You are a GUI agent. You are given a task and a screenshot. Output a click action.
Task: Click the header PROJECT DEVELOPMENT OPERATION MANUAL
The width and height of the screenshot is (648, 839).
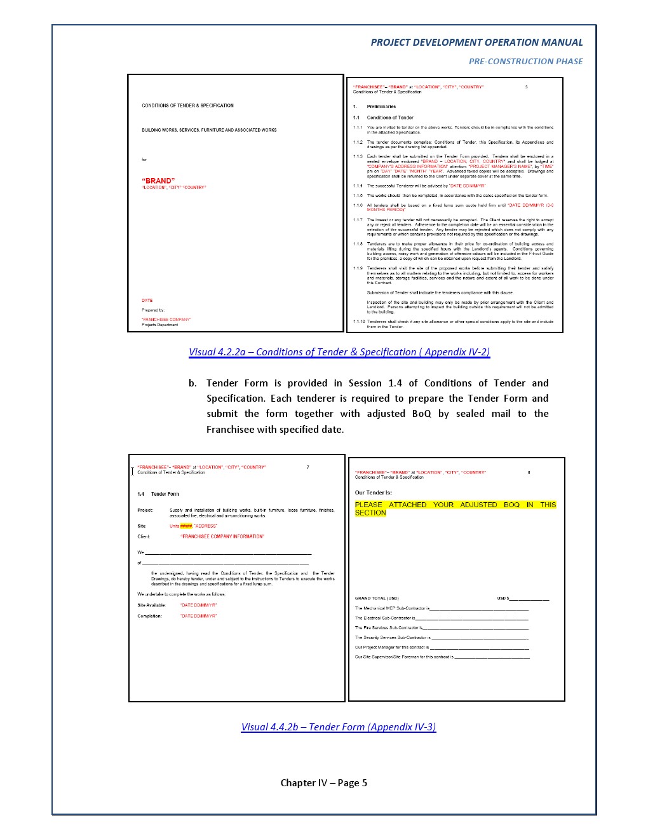476,43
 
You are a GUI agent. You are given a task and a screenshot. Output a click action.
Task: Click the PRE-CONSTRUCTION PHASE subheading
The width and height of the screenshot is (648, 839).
525,62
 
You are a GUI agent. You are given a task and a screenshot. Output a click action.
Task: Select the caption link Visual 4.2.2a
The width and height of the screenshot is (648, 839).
339,352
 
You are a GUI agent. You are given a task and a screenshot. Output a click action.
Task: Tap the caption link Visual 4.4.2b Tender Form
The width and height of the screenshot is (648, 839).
338,727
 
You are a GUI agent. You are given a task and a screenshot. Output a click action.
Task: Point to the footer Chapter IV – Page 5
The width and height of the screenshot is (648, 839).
323,783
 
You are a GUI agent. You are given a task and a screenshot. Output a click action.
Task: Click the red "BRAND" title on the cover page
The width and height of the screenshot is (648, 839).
158,181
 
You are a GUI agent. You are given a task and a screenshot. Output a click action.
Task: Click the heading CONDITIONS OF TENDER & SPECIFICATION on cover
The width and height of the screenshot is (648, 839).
187,106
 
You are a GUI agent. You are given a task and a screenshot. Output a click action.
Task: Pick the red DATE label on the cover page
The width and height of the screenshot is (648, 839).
147,300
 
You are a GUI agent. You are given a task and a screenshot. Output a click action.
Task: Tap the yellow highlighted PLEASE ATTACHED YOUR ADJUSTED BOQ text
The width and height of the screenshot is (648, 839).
455,508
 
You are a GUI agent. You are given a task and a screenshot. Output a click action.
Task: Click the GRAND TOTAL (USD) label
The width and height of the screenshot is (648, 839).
377,598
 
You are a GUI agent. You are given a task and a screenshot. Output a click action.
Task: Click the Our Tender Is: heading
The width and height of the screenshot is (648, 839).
373,493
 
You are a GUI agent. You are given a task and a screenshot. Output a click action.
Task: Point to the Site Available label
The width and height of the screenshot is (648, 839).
151,605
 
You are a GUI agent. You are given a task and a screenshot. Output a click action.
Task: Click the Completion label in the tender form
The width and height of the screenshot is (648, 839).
149,616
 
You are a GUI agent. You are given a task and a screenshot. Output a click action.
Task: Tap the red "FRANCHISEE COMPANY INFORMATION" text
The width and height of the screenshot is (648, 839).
222,536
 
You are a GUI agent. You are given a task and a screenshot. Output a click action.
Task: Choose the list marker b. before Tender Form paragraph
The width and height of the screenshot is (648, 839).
192,383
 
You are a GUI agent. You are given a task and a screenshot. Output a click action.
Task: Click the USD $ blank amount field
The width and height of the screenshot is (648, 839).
529,598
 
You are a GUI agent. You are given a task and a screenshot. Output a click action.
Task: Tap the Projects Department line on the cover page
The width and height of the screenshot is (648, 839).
159,325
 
